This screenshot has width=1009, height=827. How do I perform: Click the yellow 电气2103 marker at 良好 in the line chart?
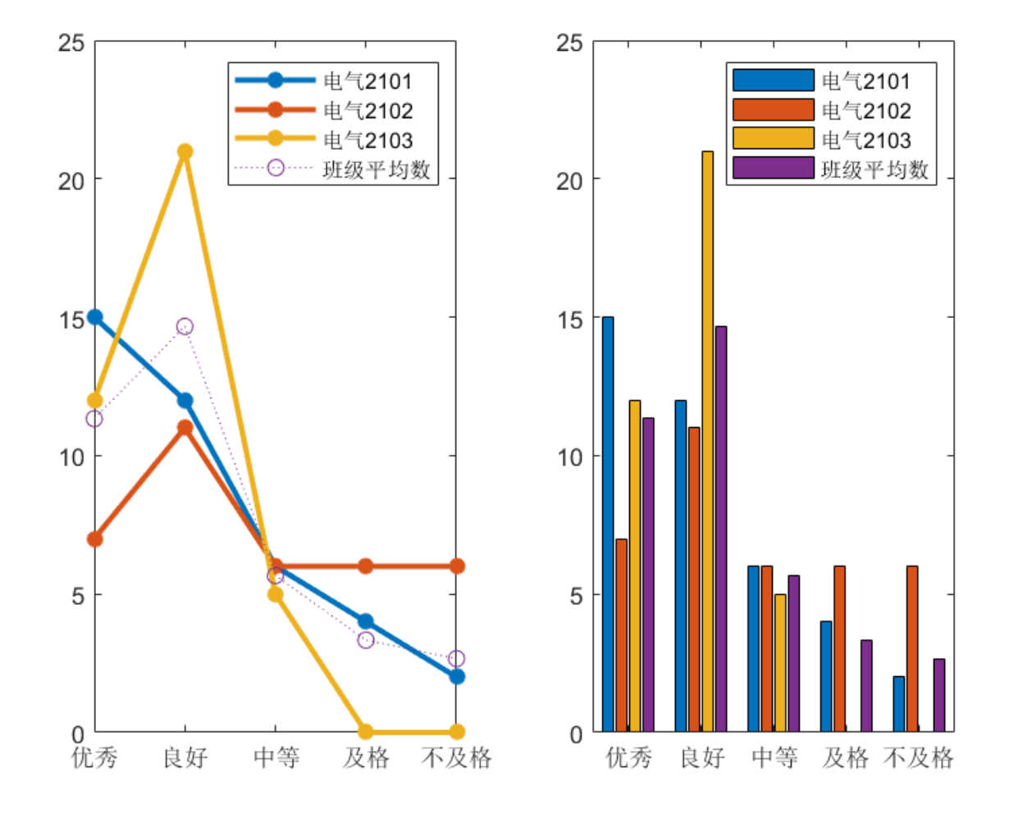(x=185, y=152)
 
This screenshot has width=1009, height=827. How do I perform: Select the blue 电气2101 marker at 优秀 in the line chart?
(x=95, y=317)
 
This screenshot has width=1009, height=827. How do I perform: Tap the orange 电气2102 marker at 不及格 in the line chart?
(x=457, y=566)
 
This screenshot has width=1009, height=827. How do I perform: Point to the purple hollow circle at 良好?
(x=185, y=326)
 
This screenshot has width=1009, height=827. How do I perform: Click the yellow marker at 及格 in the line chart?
(x=366, y=731)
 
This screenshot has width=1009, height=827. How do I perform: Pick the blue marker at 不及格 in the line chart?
(x=457, y=676)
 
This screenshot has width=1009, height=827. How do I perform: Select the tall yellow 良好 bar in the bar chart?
(x=707, y=443)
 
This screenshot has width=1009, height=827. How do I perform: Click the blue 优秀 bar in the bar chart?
(x=608, y=525)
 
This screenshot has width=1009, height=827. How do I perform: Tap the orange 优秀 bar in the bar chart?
(x=621, y=635)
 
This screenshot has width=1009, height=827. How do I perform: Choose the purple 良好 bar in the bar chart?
(x=720, y=529)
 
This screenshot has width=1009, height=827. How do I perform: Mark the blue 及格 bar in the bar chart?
(x=826, y=676)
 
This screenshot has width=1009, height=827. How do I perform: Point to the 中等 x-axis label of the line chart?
(x=276, y=757)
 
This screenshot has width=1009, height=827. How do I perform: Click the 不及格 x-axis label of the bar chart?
(x=918, y=757)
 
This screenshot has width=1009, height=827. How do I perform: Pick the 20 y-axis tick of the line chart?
(x=72, y=180)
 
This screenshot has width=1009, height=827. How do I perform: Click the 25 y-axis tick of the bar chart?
(x=570, y=42)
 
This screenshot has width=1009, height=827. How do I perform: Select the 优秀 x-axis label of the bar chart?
(x=628, y=757)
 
